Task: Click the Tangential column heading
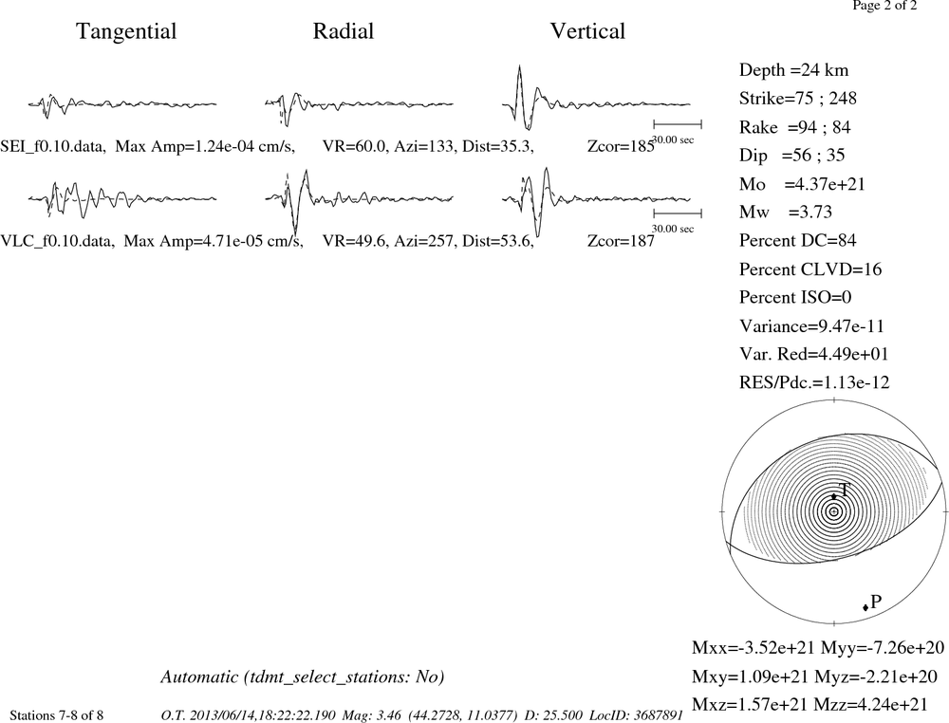coord(126,31)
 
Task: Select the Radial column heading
coord(344,31)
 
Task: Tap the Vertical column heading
coord(587,31)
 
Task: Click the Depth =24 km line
coord(793,70)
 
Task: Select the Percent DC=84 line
coord(798,240)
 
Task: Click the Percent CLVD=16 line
coord(810,269)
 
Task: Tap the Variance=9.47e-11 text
coord(811,326)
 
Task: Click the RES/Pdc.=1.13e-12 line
coord(814,382)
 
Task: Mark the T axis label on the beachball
coord(845,490)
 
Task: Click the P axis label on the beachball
coord(876,602)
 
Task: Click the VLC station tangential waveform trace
coord(122,198)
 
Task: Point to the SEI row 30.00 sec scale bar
coord(678,124)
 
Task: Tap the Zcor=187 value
coord(621,241)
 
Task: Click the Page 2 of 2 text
coord(884,6)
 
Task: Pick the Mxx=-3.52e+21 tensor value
coord(754,648)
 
